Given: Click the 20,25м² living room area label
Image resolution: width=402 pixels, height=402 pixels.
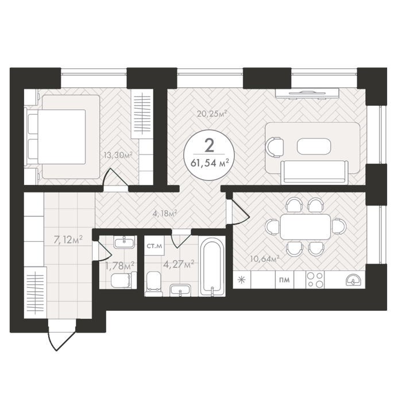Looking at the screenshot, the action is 212,113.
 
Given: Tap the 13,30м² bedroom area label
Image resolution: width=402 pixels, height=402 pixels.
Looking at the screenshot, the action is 118,155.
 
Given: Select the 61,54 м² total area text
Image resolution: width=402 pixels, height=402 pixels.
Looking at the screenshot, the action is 209,163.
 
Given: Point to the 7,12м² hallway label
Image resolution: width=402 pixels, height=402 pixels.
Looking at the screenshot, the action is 68,240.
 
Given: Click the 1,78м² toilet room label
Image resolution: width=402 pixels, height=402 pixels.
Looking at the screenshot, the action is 119,266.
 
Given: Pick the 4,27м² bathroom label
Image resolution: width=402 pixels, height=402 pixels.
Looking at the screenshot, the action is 179,264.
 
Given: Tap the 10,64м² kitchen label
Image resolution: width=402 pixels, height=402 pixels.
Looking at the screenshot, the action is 264,259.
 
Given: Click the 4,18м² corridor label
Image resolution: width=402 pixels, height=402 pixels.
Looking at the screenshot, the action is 165,213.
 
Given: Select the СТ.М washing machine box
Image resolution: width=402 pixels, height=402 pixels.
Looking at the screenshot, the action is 154,246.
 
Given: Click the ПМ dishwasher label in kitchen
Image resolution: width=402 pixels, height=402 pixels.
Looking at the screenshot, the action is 284,280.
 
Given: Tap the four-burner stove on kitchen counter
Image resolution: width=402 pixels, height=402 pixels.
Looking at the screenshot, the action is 315,280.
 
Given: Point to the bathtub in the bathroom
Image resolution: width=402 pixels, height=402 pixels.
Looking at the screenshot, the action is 212,266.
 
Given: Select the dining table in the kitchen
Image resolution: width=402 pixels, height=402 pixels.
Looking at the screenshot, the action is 305,227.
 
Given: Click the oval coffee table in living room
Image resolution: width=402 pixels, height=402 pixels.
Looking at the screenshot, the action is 314,146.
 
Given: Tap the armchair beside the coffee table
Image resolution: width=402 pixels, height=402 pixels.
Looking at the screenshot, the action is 275,147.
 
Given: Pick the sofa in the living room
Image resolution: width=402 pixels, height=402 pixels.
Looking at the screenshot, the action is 315,172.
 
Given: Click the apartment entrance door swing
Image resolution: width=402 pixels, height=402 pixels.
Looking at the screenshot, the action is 61,335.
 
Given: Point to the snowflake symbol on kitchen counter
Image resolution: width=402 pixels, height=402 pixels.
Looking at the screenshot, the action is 242,280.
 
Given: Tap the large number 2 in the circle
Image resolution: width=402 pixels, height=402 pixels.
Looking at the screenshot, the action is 210,146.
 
